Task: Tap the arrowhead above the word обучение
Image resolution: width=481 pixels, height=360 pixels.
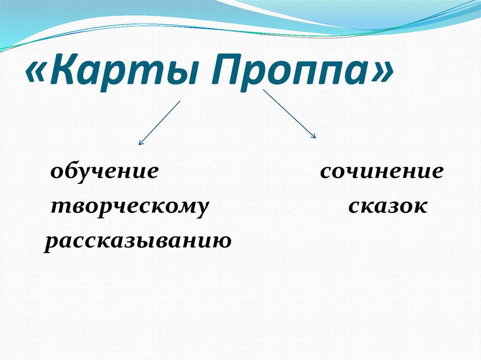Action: click(140, 142)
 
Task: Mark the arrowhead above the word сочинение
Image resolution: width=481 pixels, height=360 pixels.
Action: click(313, 136)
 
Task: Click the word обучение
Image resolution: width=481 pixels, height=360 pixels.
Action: click(104, 172)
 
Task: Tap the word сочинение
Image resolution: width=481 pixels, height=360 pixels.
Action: click(381, 172)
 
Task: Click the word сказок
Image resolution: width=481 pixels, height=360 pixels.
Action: click(388, 207)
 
